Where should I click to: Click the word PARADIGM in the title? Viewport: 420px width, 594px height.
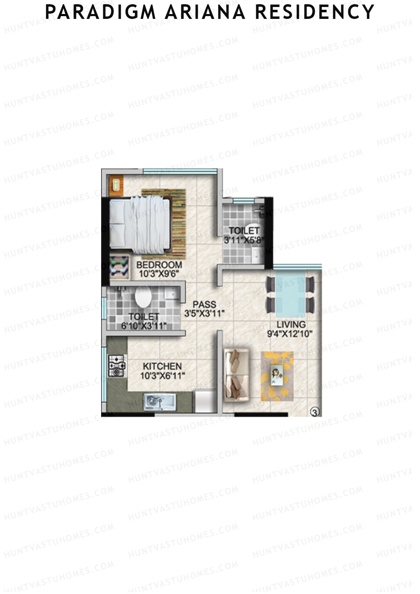tap(100, 12)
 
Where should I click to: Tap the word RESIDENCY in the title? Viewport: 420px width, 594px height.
tap(315, 12)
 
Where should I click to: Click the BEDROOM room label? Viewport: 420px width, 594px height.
tap(159, 265)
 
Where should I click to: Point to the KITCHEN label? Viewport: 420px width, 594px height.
tap(162, 366)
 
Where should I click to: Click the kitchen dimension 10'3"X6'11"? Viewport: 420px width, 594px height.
tap(162, 376)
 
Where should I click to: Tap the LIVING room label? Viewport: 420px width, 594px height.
tap(291, 324)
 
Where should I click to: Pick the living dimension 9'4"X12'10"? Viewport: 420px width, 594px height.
tap(290, 334)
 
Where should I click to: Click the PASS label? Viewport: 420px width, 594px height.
tap(204, 304)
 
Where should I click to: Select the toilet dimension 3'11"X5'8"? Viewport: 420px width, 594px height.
tap(244, 240)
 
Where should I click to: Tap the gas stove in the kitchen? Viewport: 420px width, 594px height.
tap(117, 366)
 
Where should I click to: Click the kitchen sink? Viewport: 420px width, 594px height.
tap(159, 402)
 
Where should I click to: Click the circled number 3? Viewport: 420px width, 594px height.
tap(315, 413)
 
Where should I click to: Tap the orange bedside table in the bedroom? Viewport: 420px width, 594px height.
tap(115, 184)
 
